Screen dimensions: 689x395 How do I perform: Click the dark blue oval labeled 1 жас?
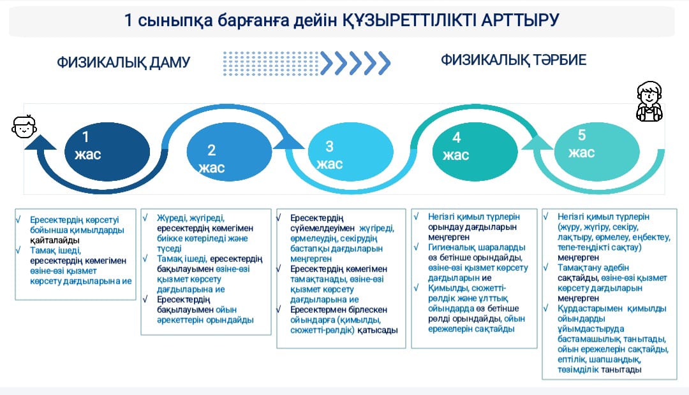(x=107, y=152)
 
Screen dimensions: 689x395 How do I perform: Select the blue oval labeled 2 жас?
(x=230, y=152)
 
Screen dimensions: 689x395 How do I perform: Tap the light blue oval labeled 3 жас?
(x=351, y=152)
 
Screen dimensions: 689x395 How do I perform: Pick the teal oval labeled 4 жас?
(x=475, y=152)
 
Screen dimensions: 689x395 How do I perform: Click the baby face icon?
(x=24, y=127)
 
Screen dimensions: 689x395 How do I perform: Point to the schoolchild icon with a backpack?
(x=649, y=101)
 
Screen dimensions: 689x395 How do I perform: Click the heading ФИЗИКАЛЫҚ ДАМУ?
(x=124, y=62)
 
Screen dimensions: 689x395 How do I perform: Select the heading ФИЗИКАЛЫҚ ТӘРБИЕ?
(x=514, y=60)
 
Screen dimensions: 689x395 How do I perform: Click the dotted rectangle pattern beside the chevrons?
(x=271, y=64)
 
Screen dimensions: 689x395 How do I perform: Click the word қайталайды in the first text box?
(x=54, y=241)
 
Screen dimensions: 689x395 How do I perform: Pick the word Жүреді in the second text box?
(x=171, y=218)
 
